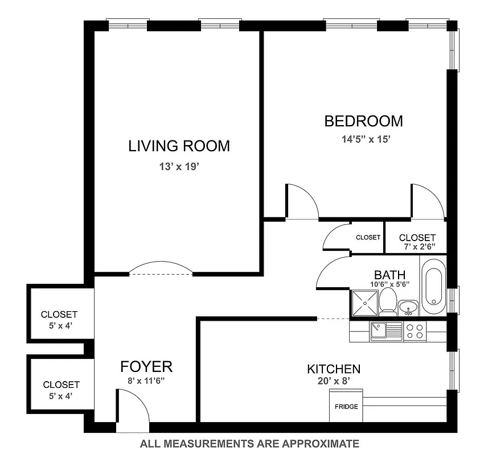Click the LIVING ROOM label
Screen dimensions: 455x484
179,146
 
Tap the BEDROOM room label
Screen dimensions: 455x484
363,121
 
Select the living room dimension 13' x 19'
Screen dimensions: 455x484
179,167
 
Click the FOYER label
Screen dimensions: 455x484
146,366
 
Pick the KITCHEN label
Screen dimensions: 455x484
333,369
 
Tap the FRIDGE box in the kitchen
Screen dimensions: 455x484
346,407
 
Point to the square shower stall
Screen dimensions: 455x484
364,303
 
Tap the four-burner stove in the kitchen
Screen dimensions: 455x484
415,331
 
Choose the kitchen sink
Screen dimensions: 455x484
379,330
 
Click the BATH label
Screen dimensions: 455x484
389,276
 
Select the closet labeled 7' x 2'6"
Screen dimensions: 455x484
417,241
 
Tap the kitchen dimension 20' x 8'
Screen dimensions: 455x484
333,382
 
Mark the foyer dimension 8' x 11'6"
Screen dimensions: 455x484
146,382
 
